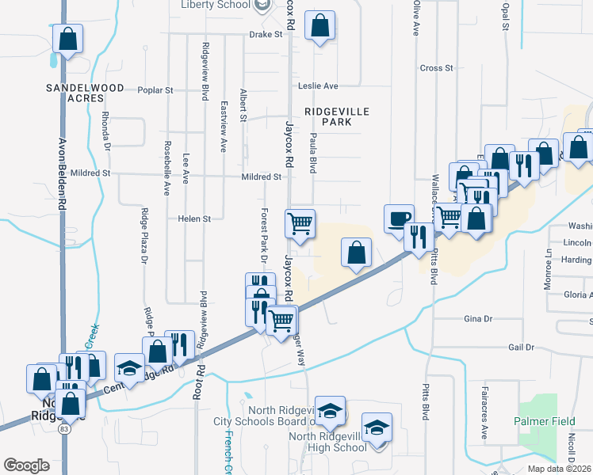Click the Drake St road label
266,35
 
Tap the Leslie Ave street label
318,85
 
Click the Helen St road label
194,218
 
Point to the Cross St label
436,68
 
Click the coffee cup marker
398,218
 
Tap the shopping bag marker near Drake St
319,26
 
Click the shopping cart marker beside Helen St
300,224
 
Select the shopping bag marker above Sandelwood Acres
69,39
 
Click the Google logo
26,465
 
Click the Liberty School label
216,5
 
